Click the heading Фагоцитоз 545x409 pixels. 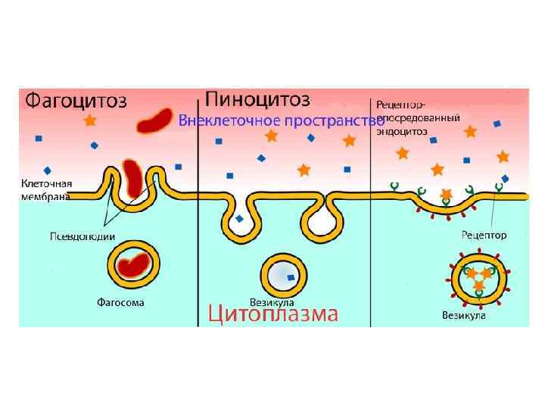pyautogui.click(x=76, y=101)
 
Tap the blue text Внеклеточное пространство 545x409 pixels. pyautogui.click(x=281, y=120)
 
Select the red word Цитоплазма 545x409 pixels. pyautogui.click(x=272, y=314)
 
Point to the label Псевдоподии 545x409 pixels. pyautogui.click(x=82, y=236)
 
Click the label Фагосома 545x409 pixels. pyautogui.click(x=120, y=302)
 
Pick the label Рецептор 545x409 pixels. pyautogui.click(x=483, y=236)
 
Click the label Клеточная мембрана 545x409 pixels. pyautogui.click(x=46, y=189)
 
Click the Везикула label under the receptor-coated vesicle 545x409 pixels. pyautogui.click(x=463, y=314)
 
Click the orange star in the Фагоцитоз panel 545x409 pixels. pyautogui.click(x=90, y=120)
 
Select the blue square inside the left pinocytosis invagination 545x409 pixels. pyautogui.click(x=239, y=218)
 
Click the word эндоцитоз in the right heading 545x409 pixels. pyautogui.click(x=401, y=130)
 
